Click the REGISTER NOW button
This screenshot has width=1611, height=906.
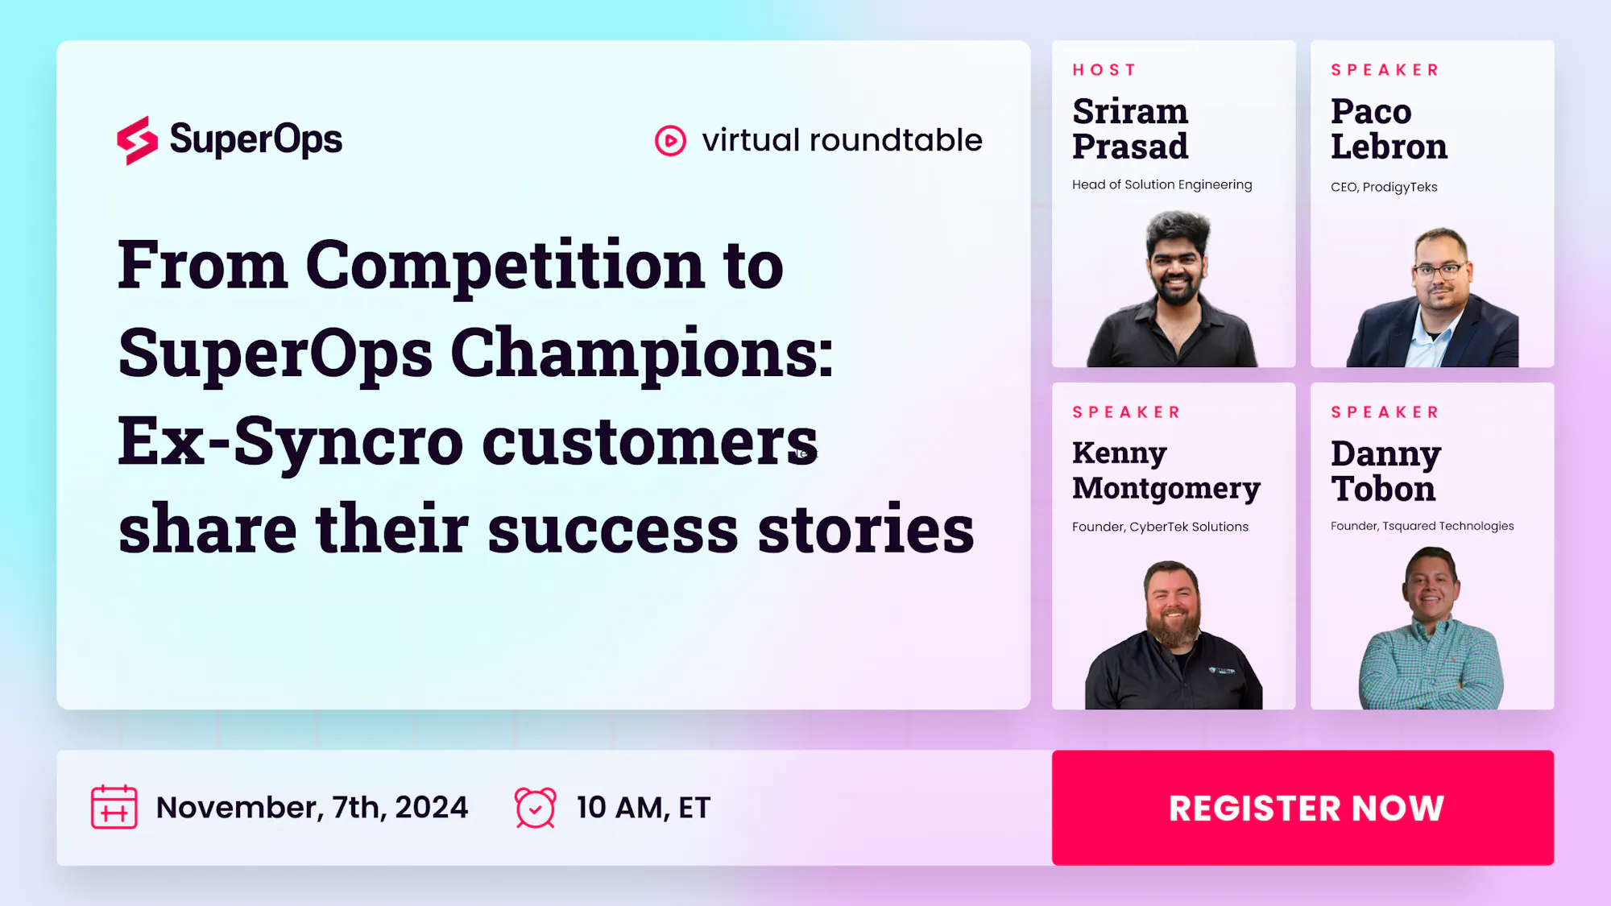[1302, 808]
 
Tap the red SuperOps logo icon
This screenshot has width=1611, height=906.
[137, 141]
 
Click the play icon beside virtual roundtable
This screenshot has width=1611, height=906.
[670, 141]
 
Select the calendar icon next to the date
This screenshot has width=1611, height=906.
[114, 807]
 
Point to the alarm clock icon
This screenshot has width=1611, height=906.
[536, 808]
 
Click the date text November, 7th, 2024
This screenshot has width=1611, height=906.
[312, 808]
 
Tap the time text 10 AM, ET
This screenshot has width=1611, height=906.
[644, 808]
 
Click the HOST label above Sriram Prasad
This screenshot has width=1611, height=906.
[1104, 70]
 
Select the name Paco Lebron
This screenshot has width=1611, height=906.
[1389, 129]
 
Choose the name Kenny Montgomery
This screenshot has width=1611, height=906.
[1166, 471]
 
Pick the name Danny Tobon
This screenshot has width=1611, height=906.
[1385, 471]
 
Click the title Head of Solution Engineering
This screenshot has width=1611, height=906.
[1162, 184]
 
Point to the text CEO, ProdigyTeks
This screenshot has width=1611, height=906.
[1384, 187]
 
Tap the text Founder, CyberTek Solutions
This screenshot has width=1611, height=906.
[1160, 527]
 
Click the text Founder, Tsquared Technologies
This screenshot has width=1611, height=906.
[1422, 526]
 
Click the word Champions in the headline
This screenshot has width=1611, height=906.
[642, 354]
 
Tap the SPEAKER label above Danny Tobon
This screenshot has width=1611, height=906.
[1385, 412]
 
